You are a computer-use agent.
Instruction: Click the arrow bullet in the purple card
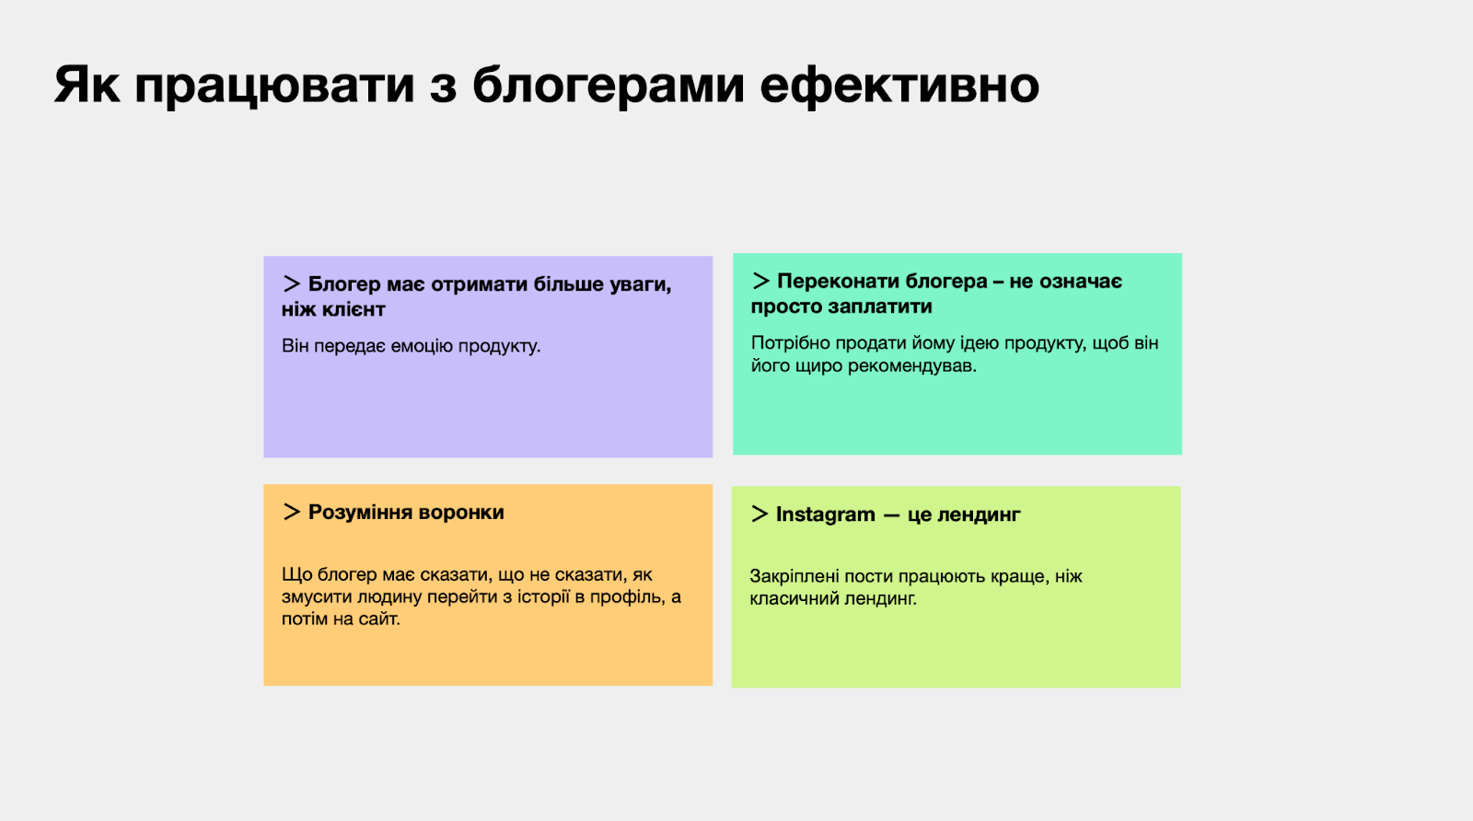(291, 284)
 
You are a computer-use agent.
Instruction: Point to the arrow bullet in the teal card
(760, 281)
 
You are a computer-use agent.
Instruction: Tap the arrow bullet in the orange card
(291, 512)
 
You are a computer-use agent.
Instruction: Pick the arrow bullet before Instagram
(760, 514)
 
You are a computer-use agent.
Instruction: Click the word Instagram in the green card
(825, 515)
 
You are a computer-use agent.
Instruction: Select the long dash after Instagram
(891, 516)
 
